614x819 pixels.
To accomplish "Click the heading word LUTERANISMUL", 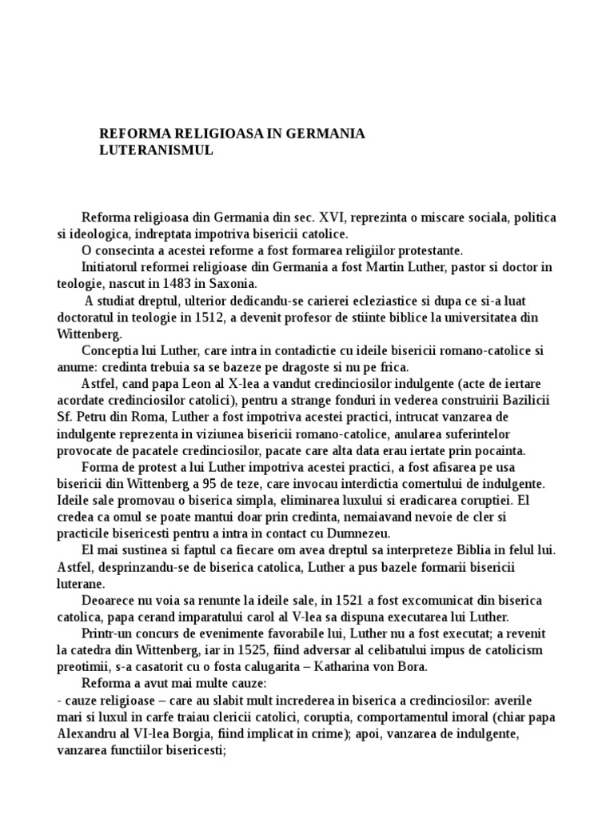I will point(156,150).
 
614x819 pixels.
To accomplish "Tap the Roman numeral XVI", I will point(329,218).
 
